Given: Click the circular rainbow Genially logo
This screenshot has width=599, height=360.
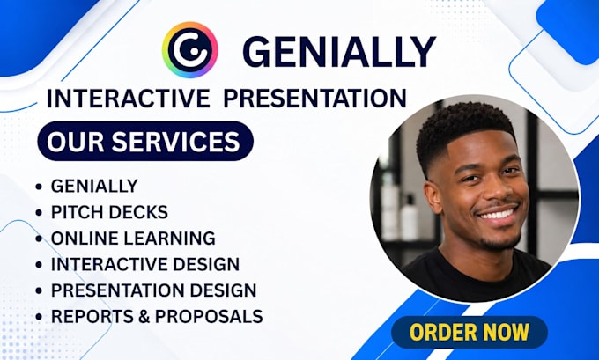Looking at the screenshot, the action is click(190, 49).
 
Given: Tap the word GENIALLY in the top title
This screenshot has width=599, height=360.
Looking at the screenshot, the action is click(339, 52).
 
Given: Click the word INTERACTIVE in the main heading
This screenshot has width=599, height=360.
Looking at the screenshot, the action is click(129, 98).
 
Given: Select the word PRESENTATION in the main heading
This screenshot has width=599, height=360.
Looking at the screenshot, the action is click(314, 98).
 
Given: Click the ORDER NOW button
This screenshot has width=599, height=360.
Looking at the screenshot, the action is click(470, 332).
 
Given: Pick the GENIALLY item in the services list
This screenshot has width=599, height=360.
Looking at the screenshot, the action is click(94, 186).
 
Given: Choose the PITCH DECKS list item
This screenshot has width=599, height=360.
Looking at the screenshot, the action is click(109, 212).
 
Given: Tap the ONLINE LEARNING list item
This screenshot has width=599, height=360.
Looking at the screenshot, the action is click(133, 238).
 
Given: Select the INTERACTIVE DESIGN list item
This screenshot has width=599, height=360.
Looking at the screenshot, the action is click(145, 264).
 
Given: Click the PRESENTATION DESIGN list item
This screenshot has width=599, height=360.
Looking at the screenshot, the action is click(153, 290).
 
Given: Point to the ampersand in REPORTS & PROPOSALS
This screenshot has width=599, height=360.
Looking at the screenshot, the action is click(144, 316).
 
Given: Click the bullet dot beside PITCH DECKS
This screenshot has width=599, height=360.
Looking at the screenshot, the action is click(39, 212).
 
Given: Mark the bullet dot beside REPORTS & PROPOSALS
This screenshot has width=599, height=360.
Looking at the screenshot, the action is click(39, 317).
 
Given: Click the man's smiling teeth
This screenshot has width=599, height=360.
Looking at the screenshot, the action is click(498, 214).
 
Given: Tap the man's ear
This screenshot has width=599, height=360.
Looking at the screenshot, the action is click(434, 197).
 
